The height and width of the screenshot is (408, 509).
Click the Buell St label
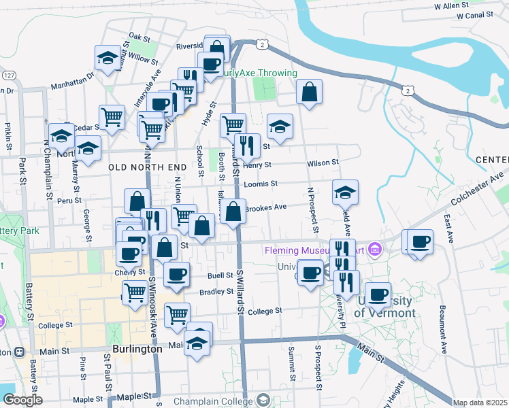coord(220,275)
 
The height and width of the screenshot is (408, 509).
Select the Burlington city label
coord(137,349)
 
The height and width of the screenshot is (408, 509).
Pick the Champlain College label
coord(212,401)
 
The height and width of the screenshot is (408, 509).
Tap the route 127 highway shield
coord(9,75)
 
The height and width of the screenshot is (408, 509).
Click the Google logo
coord(22,400)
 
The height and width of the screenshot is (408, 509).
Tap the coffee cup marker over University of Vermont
coord(378,294)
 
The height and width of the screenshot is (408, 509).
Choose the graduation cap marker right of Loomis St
coord(345,192)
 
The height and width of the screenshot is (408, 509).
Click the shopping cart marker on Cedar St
coord(112,116)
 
